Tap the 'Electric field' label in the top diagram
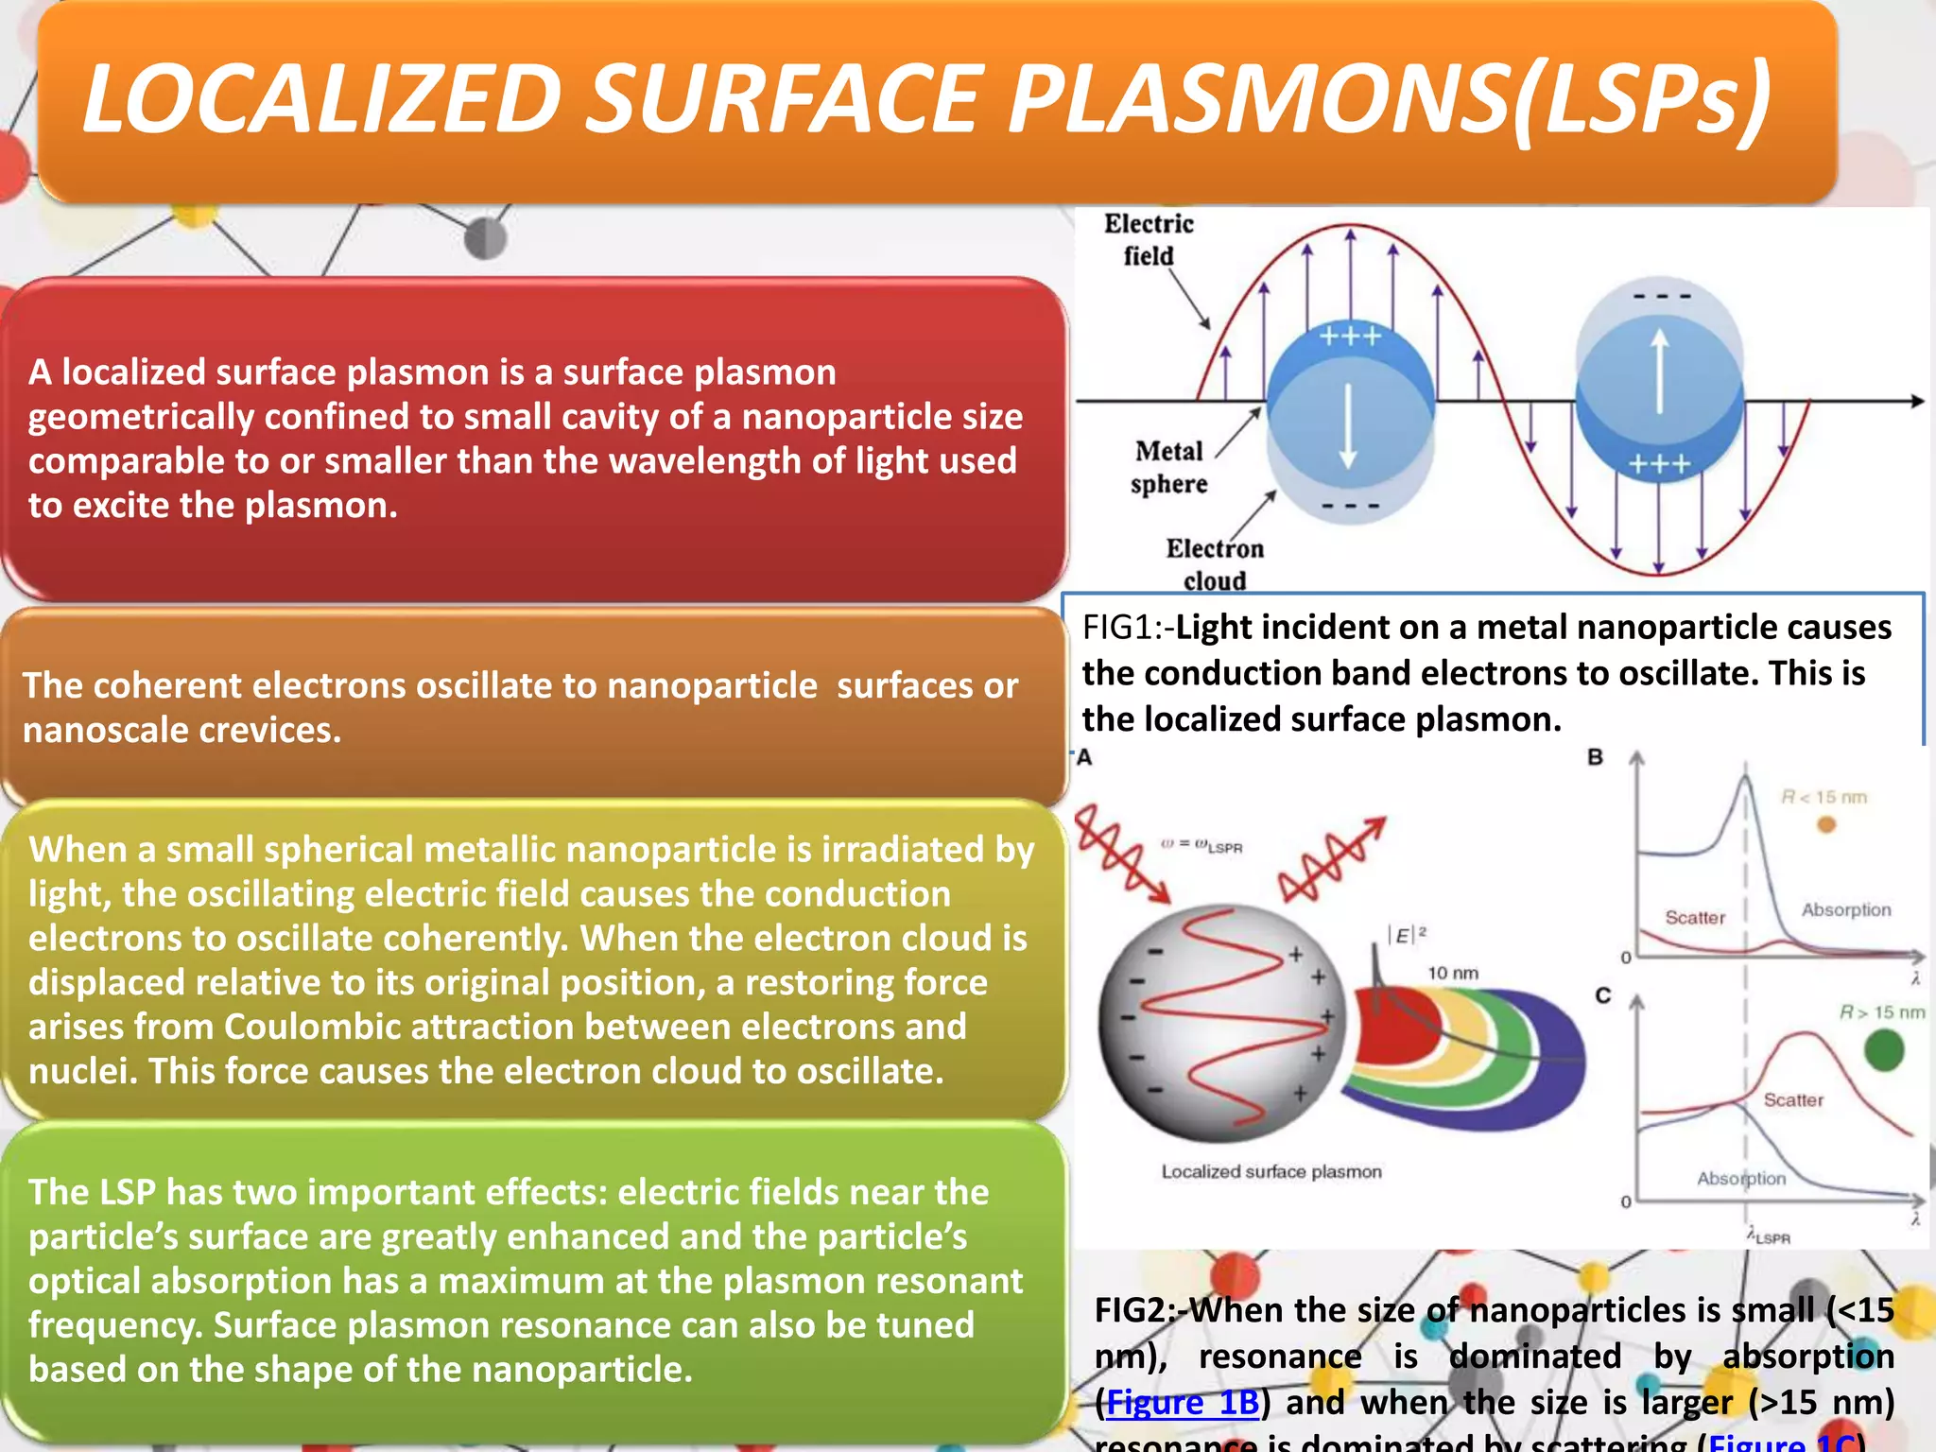point(1149,240)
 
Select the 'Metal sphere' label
point(1169,467)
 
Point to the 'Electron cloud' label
point(1215,564)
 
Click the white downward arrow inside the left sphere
point(1348,425)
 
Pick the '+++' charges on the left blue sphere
point(1350,336)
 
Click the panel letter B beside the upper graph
point(1596,757)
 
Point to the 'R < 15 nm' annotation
point(1824,797)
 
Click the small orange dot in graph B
point(1826,825)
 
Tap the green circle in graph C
point(1884,1050)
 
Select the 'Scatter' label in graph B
point(1695,917)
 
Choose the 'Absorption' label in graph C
point(1741,1178)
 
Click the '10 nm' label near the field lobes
point(1453,973)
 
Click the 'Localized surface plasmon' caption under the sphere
point(1271,1171)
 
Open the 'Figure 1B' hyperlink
point(1182,1402)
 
